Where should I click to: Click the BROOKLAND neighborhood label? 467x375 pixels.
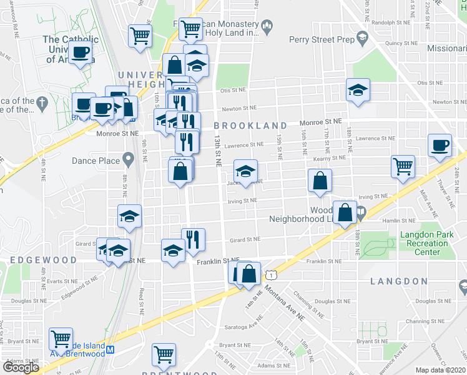[x=251, y=126]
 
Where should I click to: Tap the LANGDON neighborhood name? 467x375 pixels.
[x=399, y=282]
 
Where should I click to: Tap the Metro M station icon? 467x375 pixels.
[x=111, y=350]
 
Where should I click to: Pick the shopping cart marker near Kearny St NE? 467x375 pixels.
[x=403, y=166]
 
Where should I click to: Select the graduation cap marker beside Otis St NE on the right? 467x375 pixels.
[x=358, y=89]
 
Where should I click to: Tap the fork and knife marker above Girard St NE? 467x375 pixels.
[x=193, y=239]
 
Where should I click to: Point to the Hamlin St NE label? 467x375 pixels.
[x=396, y=221]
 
